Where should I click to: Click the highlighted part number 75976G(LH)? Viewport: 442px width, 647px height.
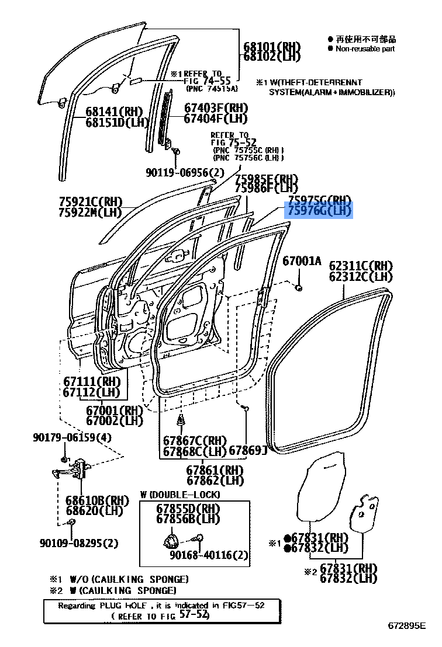[319, 210]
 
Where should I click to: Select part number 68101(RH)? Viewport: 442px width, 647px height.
[271, 47]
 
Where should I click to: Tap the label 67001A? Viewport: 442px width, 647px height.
[302, 261]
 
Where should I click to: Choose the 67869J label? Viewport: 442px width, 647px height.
[247, 450]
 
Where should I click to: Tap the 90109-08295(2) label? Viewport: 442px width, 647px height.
[79, 543]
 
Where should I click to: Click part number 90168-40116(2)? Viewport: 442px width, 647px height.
[209, 555]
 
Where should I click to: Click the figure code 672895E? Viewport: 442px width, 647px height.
[414, 626]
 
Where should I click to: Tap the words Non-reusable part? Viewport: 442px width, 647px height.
[365, 49]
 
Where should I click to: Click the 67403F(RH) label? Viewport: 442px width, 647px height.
[216, 108]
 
